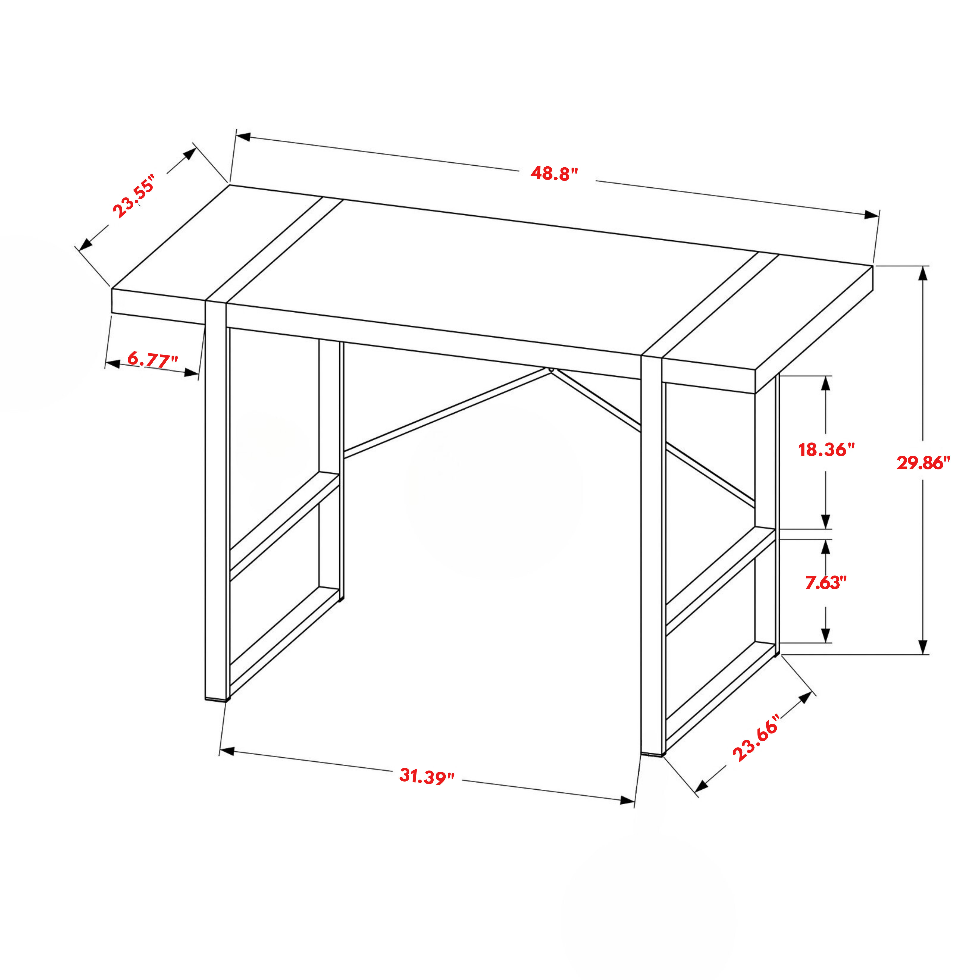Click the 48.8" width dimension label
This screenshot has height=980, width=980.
click(554, 173)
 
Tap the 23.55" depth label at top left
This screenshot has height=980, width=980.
click(133, 195)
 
